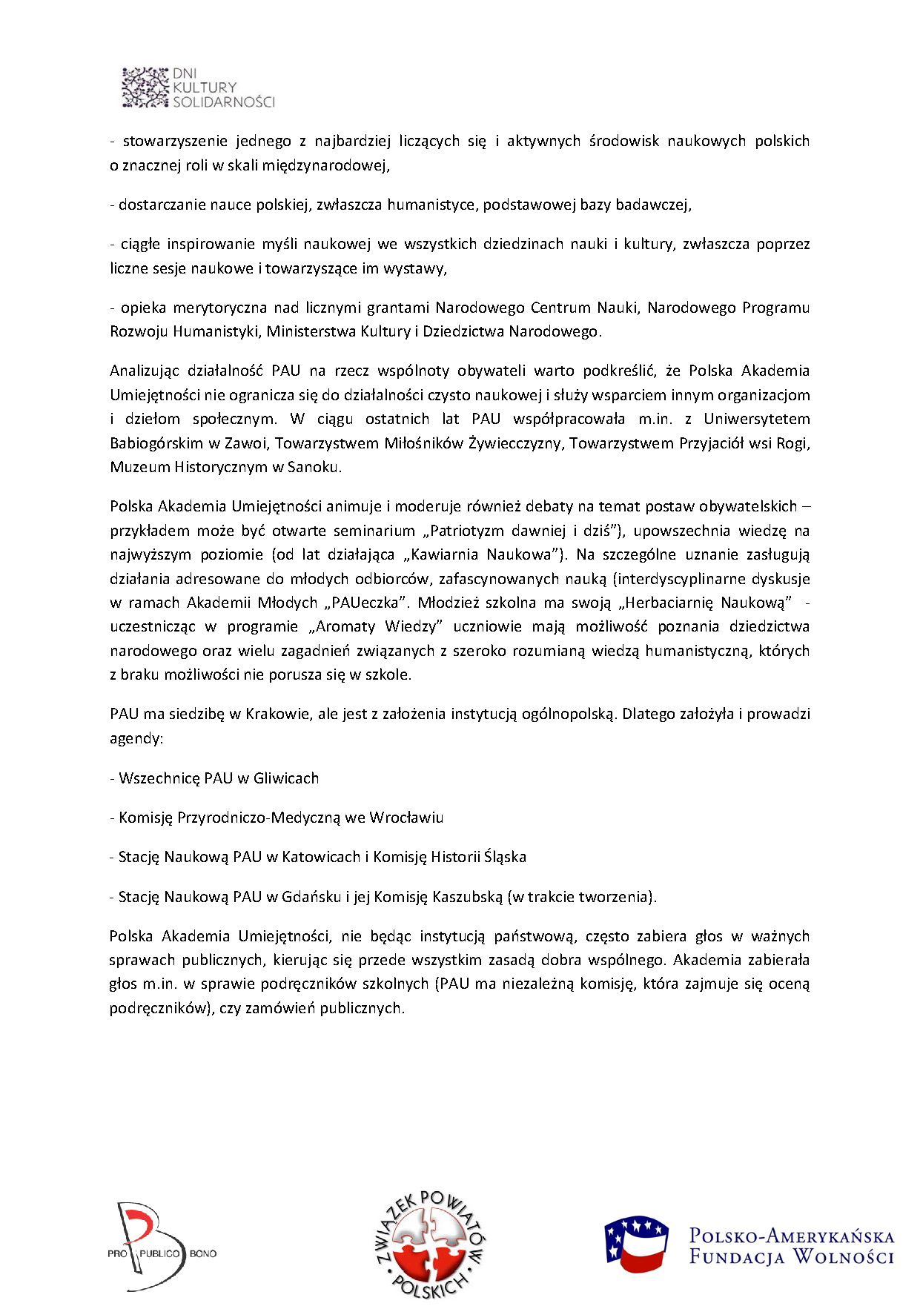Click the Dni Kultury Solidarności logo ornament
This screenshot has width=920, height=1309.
pos(146,87)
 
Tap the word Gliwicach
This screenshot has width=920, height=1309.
pos(286,778)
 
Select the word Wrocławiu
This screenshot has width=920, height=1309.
pos(406,818)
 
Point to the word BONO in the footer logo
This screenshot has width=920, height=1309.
pos(203,1253)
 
